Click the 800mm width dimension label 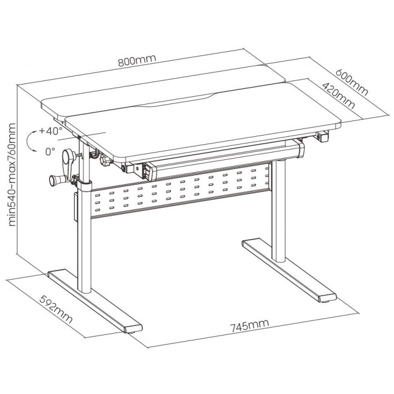pos(137,60)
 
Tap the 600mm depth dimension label pos(352,82)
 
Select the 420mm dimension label pos(338,96)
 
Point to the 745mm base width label pos(249,325)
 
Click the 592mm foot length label pos(56,309)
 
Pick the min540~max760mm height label pos(12,174)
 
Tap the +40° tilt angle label pos(51,131)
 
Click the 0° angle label pos(50,151)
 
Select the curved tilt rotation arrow pos(27,141)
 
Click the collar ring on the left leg pos(84,186)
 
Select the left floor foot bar pos(95,301)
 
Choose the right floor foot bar pos(289,270)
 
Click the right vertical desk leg pos(279,211)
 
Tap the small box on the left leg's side pos(75,207)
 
